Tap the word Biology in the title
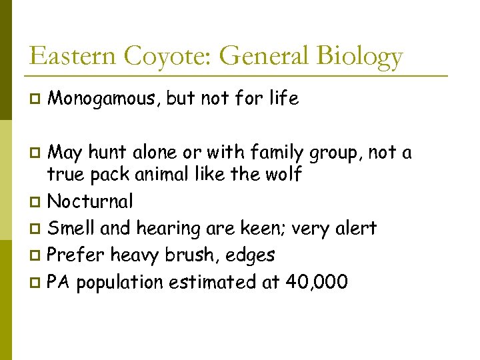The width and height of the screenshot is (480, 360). point(360,57)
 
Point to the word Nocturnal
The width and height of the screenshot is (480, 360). point(91,201)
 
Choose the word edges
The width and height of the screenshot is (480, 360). point(252,256)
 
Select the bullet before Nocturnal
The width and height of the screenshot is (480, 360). point(35,202)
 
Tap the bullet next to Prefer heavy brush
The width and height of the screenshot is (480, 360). point(35,256)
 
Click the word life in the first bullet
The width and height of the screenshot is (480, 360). point(285,99)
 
